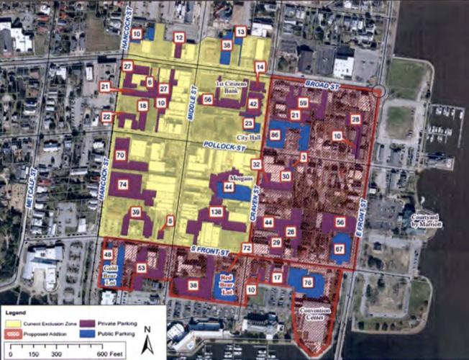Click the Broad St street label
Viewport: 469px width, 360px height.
[322, 85]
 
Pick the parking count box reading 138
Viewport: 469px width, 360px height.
[215, 212]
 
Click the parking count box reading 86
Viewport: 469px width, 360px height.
[275, 135]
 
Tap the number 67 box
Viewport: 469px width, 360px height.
[339, 249]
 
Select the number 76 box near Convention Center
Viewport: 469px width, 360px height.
[308, 283]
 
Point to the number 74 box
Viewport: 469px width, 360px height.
[123, 185]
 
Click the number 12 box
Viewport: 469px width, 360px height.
[178, 37]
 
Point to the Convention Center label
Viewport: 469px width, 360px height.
[315, 315]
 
